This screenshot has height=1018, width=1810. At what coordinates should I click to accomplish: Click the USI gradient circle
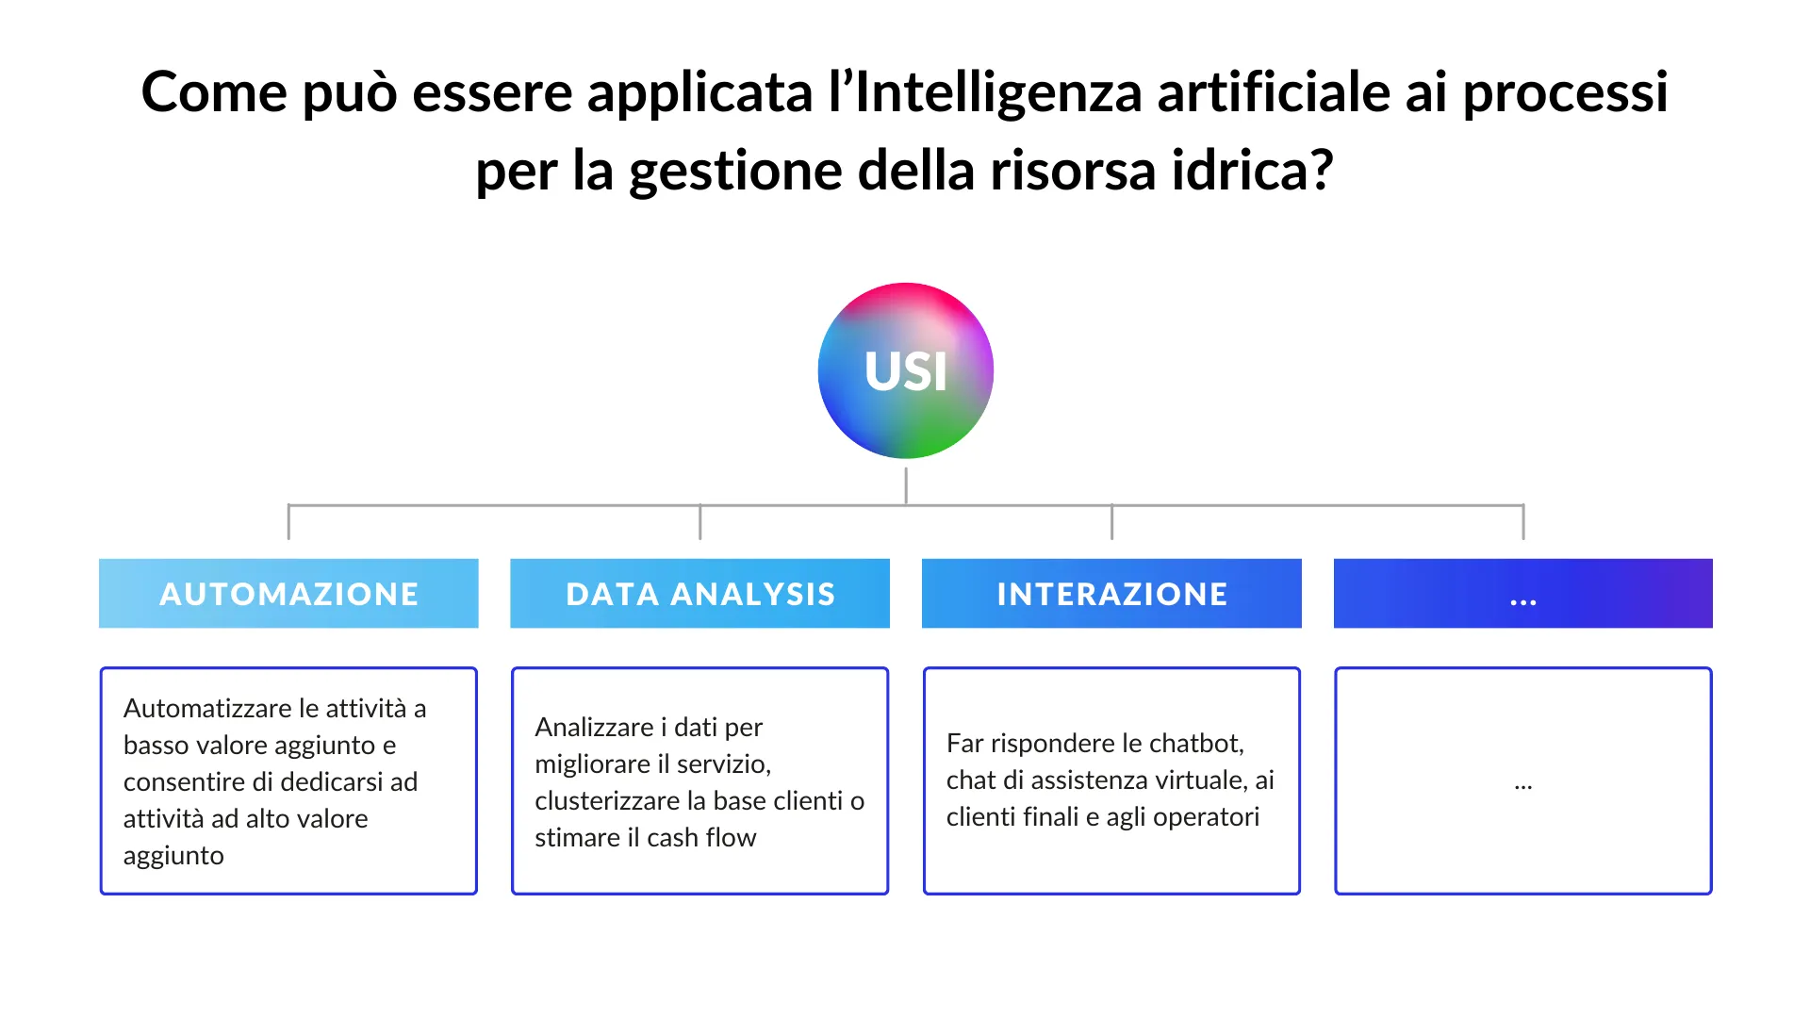coord(905,370)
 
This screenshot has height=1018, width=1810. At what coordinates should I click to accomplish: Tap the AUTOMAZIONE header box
coord(288,593)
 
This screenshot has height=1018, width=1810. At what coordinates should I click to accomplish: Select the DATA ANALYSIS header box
coord(699,593)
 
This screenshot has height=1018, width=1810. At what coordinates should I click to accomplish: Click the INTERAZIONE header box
coord(1111,593)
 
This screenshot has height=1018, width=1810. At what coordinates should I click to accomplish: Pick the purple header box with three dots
coord(1523,593)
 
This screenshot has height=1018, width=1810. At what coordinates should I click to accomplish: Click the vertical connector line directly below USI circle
coord(906,486)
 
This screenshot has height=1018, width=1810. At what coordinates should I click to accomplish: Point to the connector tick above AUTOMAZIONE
coord(288,522)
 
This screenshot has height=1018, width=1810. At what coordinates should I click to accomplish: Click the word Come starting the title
coord(214,92)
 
